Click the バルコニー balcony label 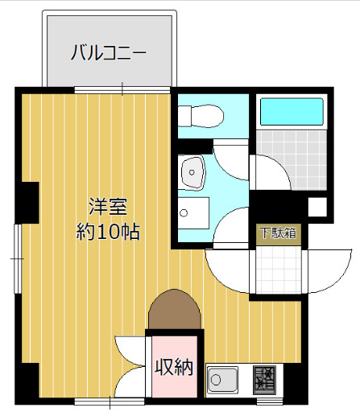coord(109,54)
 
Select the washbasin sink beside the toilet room coord(194,171)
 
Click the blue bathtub coord(291,112)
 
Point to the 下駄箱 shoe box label coord(278,233)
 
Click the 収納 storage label coord(174,368)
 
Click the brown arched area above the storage coord(173,310)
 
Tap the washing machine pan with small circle coord(193,213)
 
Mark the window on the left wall coord(18,258)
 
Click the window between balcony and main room coord(122,89)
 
